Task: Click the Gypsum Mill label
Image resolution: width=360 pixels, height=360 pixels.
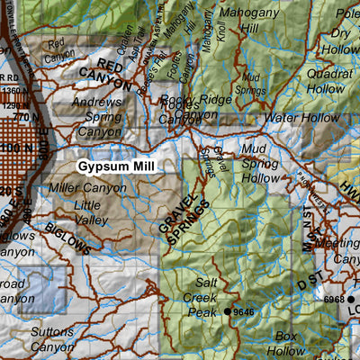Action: point(116,166)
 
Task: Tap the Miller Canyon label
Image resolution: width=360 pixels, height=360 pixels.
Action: point(88,188)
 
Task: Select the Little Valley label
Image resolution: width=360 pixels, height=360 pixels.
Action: point(92,211)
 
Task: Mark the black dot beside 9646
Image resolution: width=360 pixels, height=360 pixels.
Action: point(229,311)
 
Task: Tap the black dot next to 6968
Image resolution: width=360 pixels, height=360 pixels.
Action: point(354,298)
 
